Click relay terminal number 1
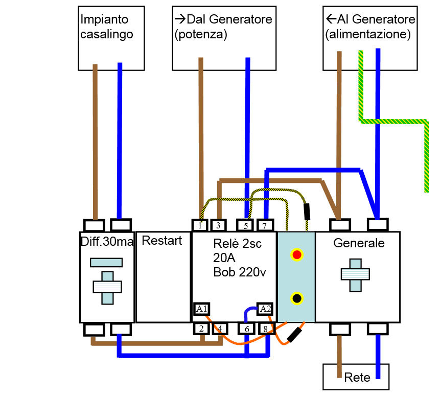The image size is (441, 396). (x=200, y=225)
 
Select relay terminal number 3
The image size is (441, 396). (x=218, y=225)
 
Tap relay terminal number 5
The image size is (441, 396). (x=245, y=225)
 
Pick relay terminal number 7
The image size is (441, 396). (x=264, y=225)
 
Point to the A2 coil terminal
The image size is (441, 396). (x=265, y=309)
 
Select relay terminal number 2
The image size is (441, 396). (x=202, y=329)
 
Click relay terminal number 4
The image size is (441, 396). (x=220, y=329)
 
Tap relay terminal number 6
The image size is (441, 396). (x=247, y=329)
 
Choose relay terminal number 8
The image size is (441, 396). (x=266, y=329)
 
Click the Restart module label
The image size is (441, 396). (x=161, y=241)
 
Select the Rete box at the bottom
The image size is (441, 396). (x=357, y=377)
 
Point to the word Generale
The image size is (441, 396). (x=359, y=243)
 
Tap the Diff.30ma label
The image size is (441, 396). (x=107, y=241)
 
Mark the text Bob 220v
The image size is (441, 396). (x=239, y=272)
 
